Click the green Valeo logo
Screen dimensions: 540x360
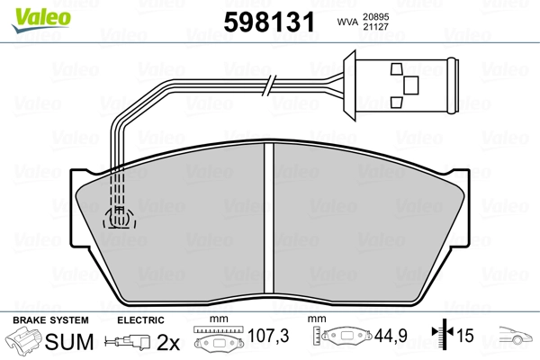coord(41,20)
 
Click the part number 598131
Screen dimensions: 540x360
coord(269,22)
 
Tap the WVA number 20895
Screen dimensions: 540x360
coord(375,17)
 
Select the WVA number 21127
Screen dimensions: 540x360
coord(375,27)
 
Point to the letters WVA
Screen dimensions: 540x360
coord(347,22)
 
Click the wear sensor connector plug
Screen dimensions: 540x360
coord(401,85)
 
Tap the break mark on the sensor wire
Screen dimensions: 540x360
coord(269,85)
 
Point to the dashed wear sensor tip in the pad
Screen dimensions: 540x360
coord(119,218)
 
